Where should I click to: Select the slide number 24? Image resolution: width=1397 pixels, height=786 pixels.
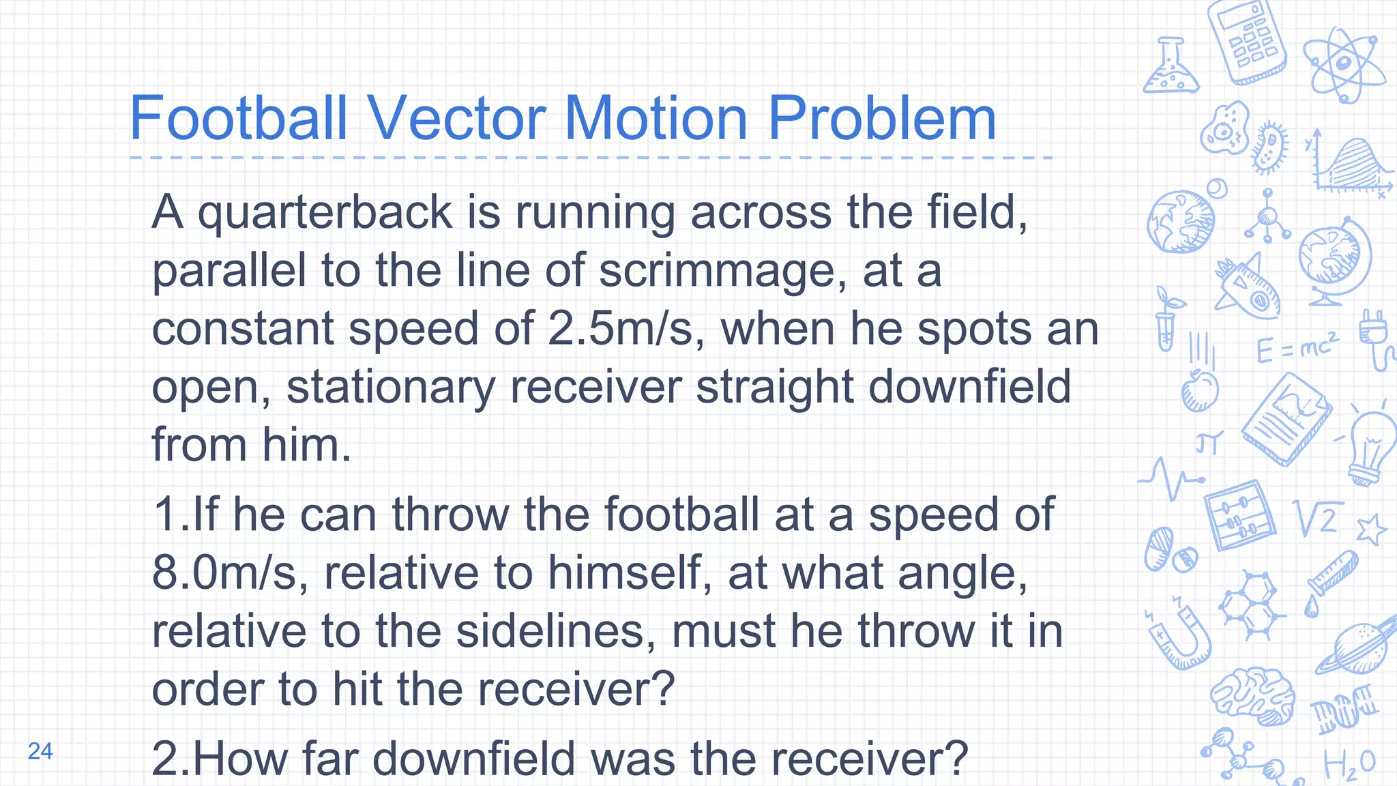coord(40,751)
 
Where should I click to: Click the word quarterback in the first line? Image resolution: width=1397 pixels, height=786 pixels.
coord(325,213)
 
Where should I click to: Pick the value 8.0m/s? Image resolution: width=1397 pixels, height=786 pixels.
coord(230,572)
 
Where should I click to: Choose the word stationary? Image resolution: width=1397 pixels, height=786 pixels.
coord(390,388)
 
